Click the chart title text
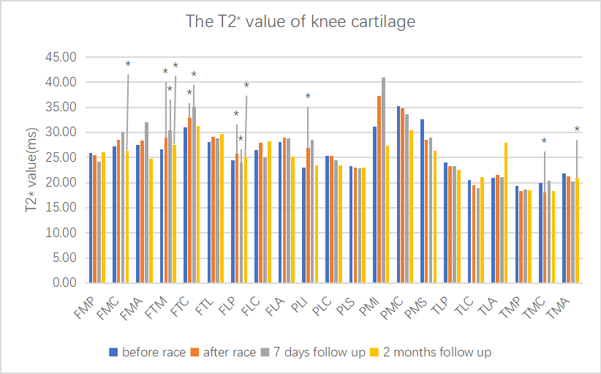tap(300, 22)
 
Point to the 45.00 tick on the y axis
tap(61, 57)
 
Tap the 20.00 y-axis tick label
tap(61, 182)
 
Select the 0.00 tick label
tap(64, 283)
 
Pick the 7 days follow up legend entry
tap(313, 353)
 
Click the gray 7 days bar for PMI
tap(383, 180)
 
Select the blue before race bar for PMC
tap(398, 194)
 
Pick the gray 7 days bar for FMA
tap(146, 202)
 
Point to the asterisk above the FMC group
tap(128, 64)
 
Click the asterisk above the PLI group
tap(308, 97)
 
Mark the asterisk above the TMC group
tap(544, 141)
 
